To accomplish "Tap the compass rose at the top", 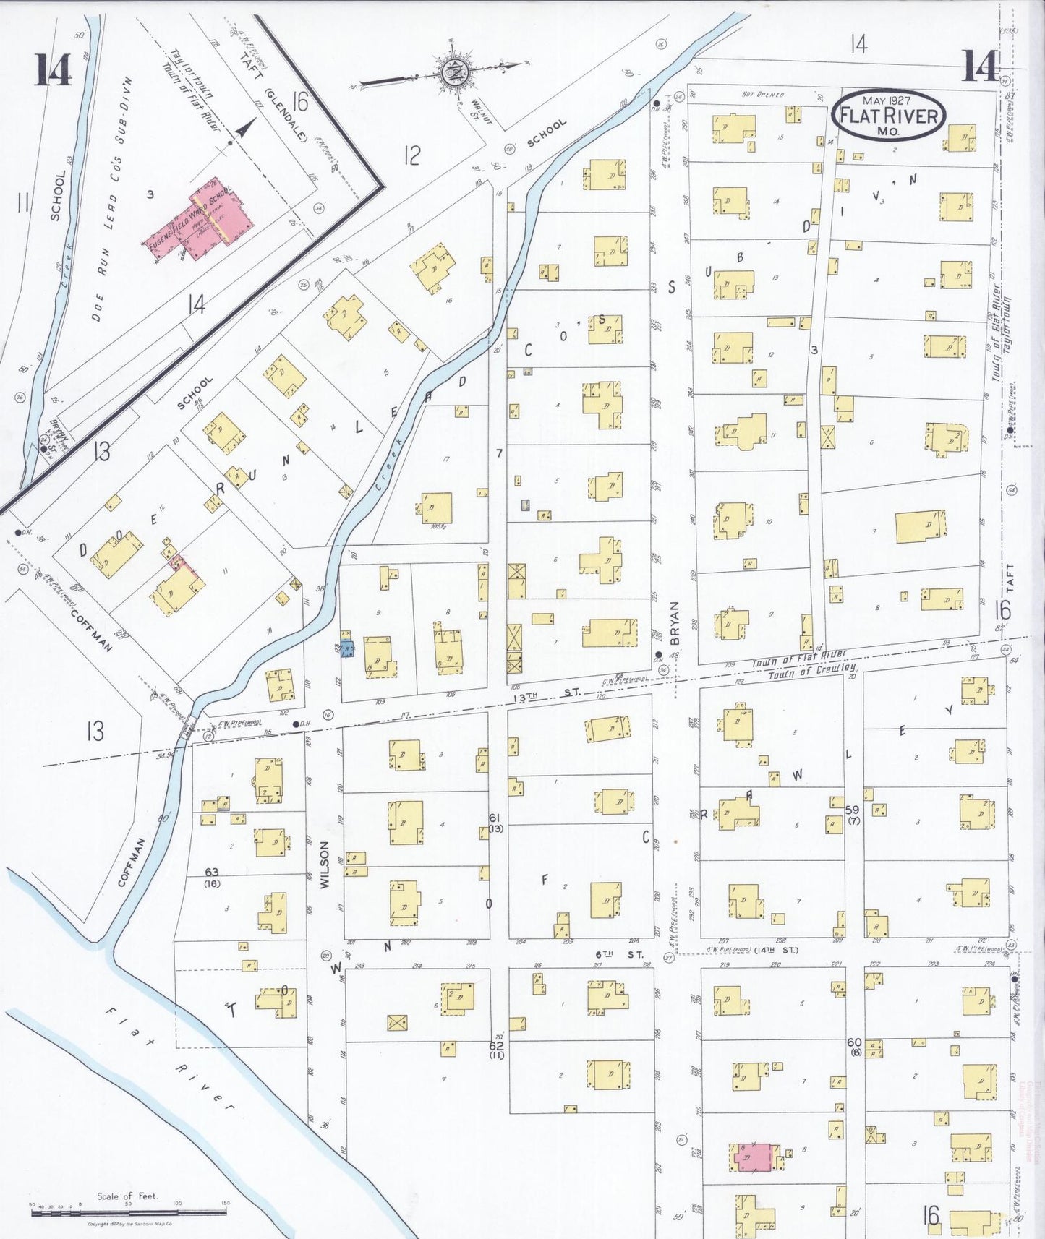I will click(x=454, y=71).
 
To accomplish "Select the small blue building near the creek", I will click(x=347, y=649).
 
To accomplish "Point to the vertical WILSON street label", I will click(x=325, y=864).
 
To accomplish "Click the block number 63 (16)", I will click(x=212, y=878).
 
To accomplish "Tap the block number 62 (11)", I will click(x=496, y=1050).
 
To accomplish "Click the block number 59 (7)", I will click(x=853, y=815).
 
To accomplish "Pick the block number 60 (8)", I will click(x=854, y=1047).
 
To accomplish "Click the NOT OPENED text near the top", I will click(x=762, y=95).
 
